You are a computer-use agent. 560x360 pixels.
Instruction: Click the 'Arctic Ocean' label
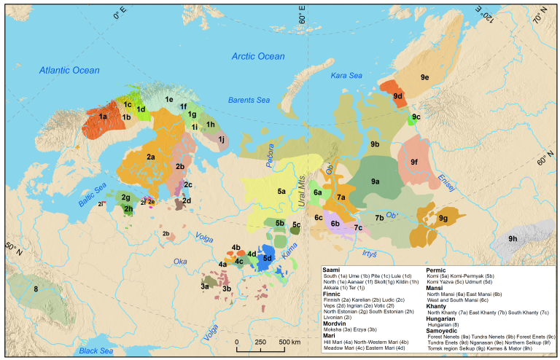coord(258,56)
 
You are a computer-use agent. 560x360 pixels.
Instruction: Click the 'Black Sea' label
coord(97,351)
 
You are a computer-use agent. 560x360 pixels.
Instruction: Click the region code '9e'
coord(424,77)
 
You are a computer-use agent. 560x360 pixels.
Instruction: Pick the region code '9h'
coord(513,238)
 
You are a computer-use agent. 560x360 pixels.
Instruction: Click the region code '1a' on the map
coord(103,117)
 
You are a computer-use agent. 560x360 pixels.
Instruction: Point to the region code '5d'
coord(268,258)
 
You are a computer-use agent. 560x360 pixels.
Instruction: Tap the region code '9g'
coord(443,218)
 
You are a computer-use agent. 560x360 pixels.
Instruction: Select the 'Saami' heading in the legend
coord(332,269)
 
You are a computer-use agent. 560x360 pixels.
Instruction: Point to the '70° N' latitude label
coord(541,15)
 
